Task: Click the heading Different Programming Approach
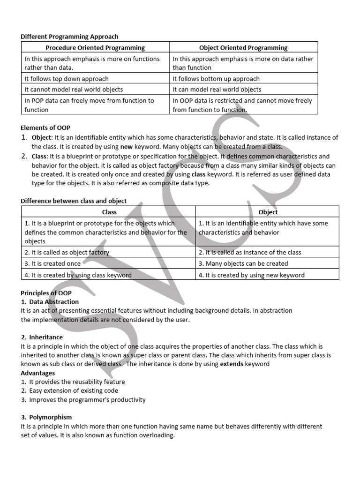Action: [69, 37]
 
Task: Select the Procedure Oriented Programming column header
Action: [95, 47]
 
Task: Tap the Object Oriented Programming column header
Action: [243, 47]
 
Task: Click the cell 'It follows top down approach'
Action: [67, 79]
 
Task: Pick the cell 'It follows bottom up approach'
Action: [216, 79]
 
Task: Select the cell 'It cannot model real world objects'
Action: [74, 90]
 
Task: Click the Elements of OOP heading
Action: [45, 127]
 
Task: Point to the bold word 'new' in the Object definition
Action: [127, 146]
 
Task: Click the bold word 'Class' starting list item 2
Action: [40, 156]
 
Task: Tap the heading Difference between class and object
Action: [74, 201]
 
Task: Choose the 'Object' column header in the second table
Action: [268, 212]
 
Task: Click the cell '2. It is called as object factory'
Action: [67, 252]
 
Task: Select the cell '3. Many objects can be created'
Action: [243, 263]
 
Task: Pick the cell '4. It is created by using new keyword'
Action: [251, 275]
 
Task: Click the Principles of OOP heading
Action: [46, 293]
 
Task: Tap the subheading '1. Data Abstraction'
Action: [50, 302]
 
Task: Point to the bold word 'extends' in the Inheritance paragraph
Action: [232, 364]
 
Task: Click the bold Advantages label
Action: [37, 373]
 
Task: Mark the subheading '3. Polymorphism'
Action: [46, 417]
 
